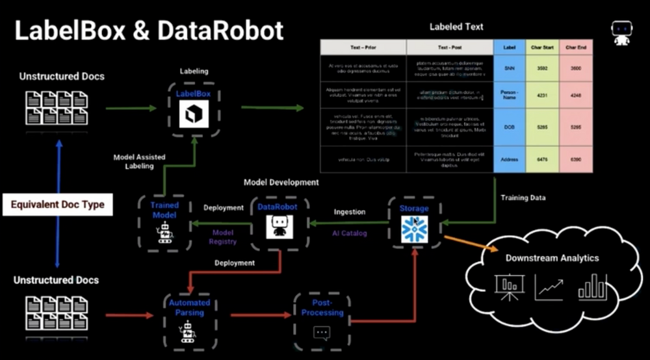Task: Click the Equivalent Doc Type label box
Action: click(x=57, y=205)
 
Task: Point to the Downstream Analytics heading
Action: click(x=552, y=258)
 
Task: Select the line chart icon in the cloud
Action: click(x=549, y=287)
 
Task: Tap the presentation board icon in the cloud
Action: click(x=509, y=287)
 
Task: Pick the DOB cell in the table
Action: click(x=509, y=128)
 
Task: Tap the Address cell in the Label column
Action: click(x=509, y=159)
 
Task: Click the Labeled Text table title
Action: click(x=456, y=27)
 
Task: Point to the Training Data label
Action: click(x=523, y=198)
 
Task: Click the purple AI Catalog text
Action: click(x=350, y=233)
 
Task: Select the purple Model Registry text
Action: click(x=223, y=237)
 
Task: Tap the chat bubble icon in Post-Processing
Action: click(x=322, y=333)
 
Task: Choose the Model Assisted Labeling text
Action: click(x=139, y=161)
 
